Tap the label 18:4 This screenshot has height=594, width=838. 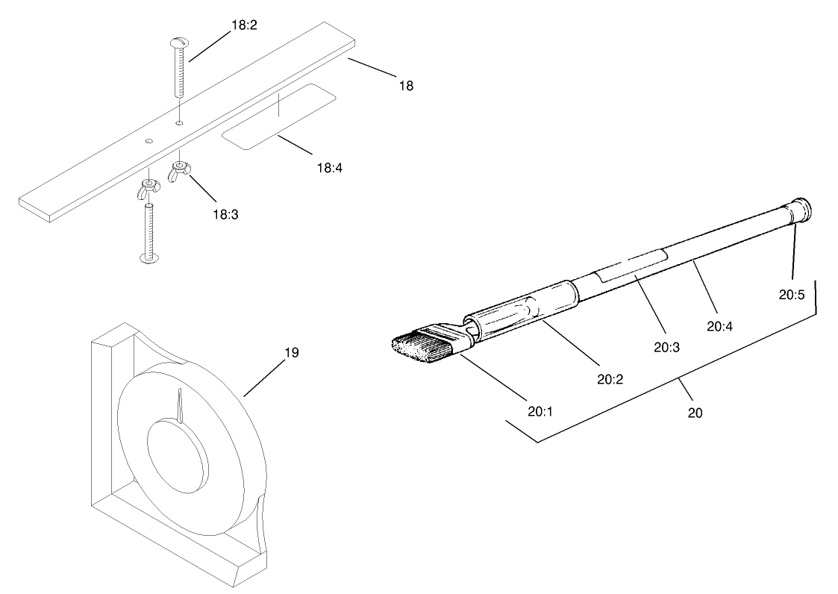(329, 167)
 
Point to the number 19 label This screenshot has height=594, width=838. (291, 352)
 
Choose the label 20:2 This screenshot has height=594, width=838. (610, 378)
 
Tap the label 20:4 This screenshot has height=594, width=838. (719, 325)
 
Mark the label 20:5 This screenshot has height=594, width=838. (792, 294)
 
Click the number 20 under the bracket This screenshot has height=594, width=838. (695, 412)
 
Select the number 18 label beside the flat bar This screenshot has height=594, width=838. (405, 86)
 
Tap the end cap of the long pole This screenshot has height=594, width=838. (801, 208)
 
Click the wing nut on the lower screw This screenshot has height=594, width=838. (148, 190)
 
